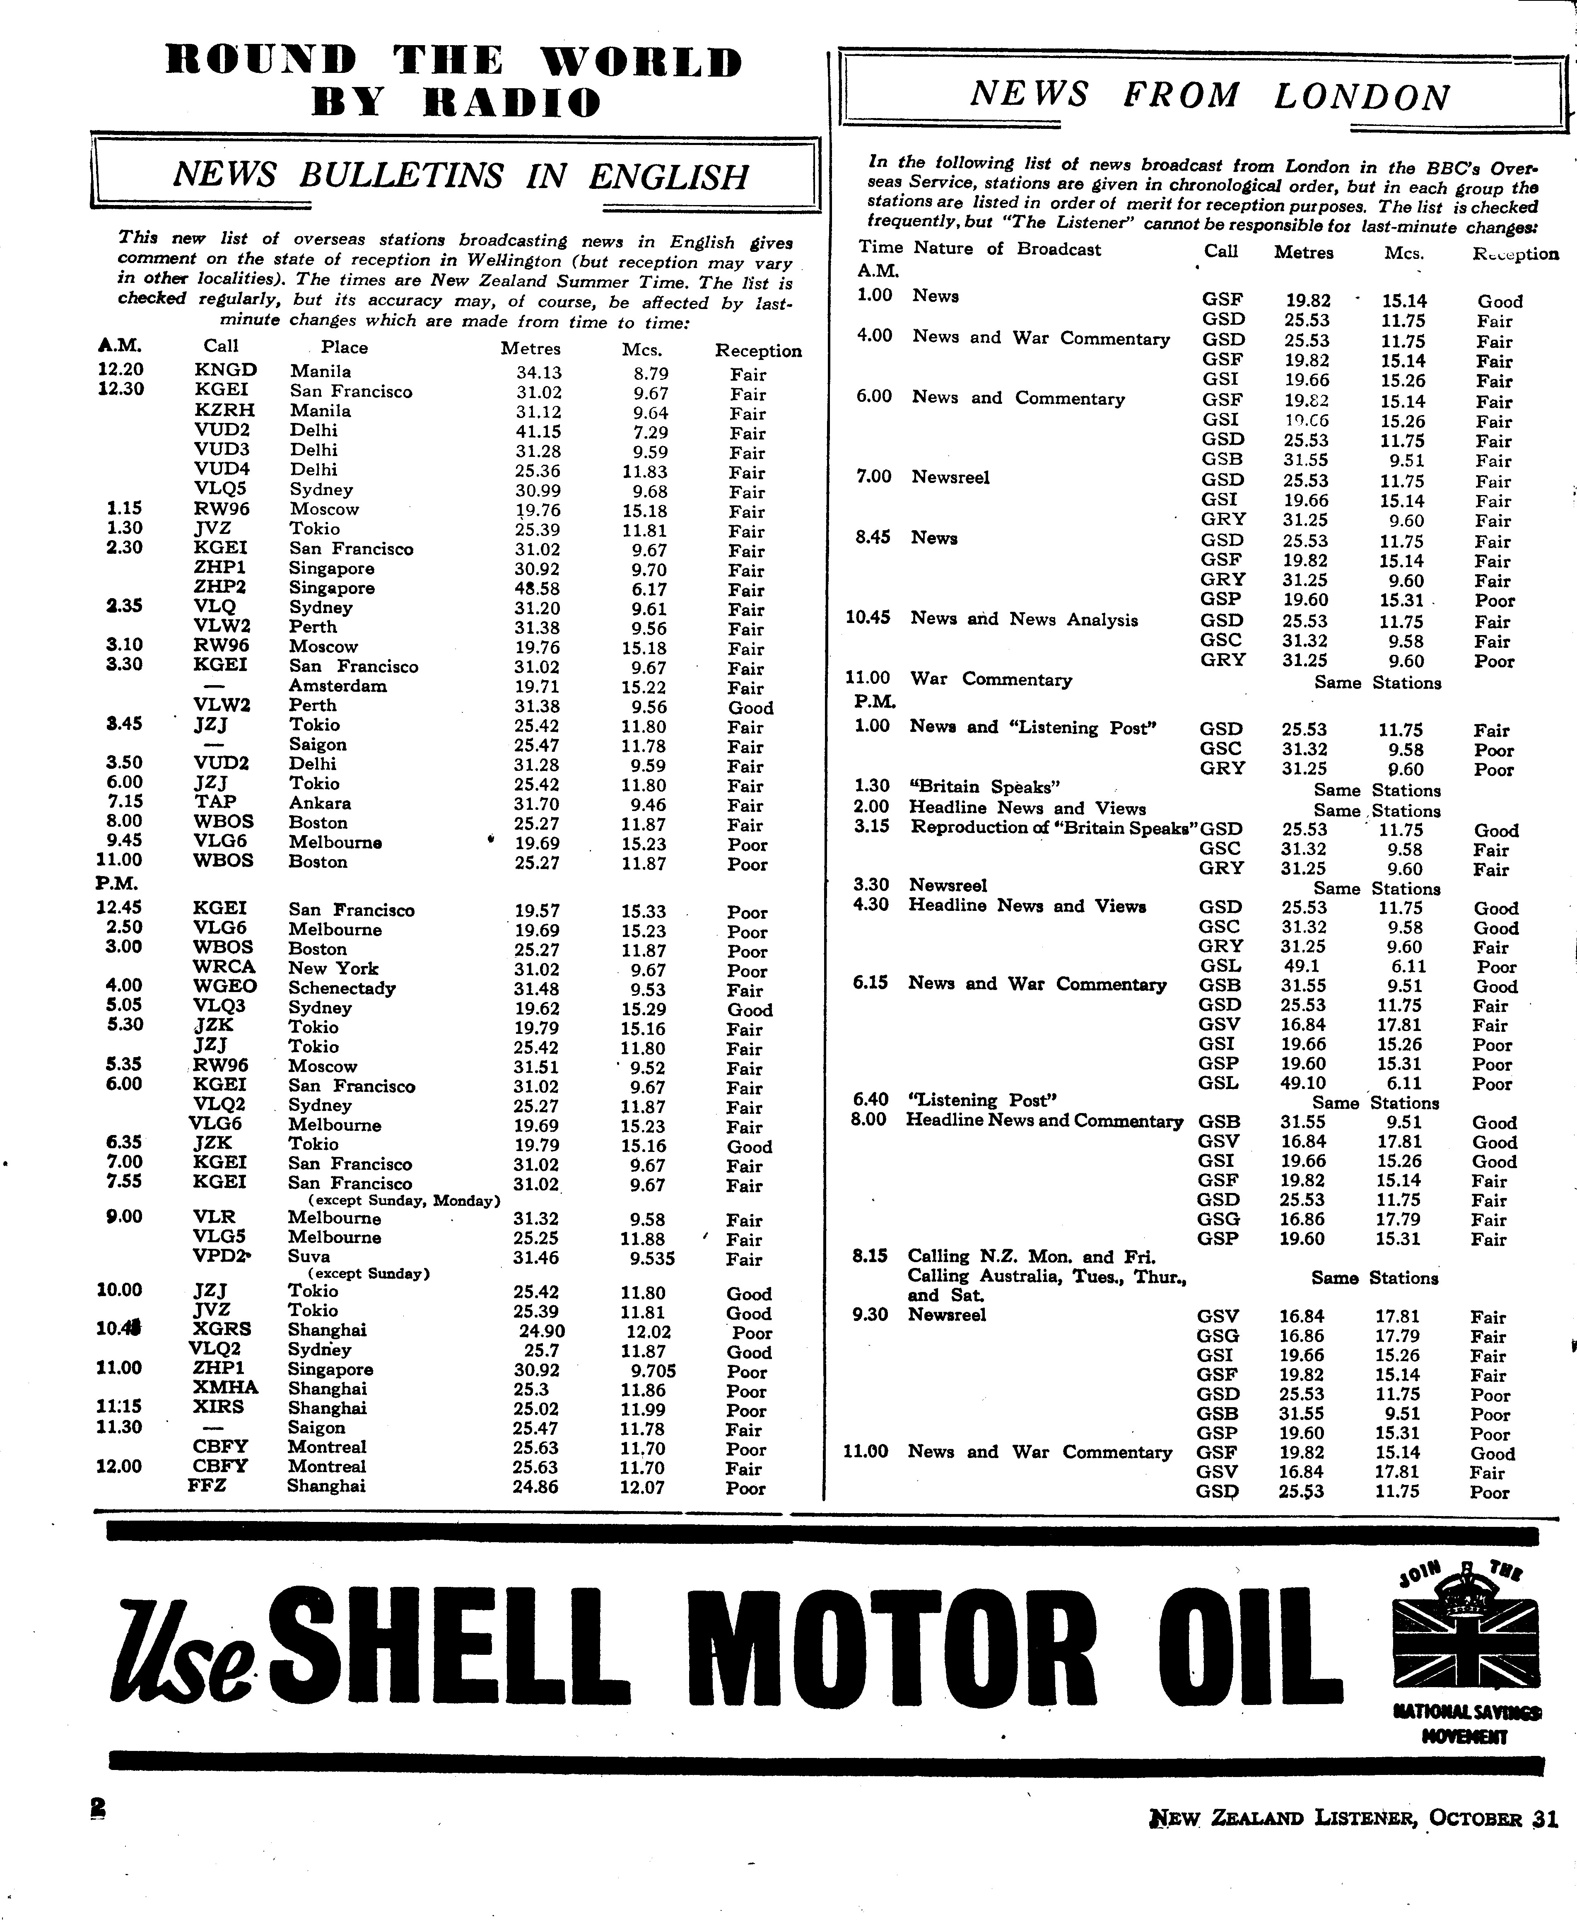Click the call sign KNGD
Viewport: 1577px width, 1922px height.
coord(225,371)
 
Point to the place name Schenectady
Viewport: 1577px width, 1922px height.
coord(342,989)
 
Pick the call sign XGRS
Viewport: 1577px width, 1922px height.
coord(222,1330)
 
